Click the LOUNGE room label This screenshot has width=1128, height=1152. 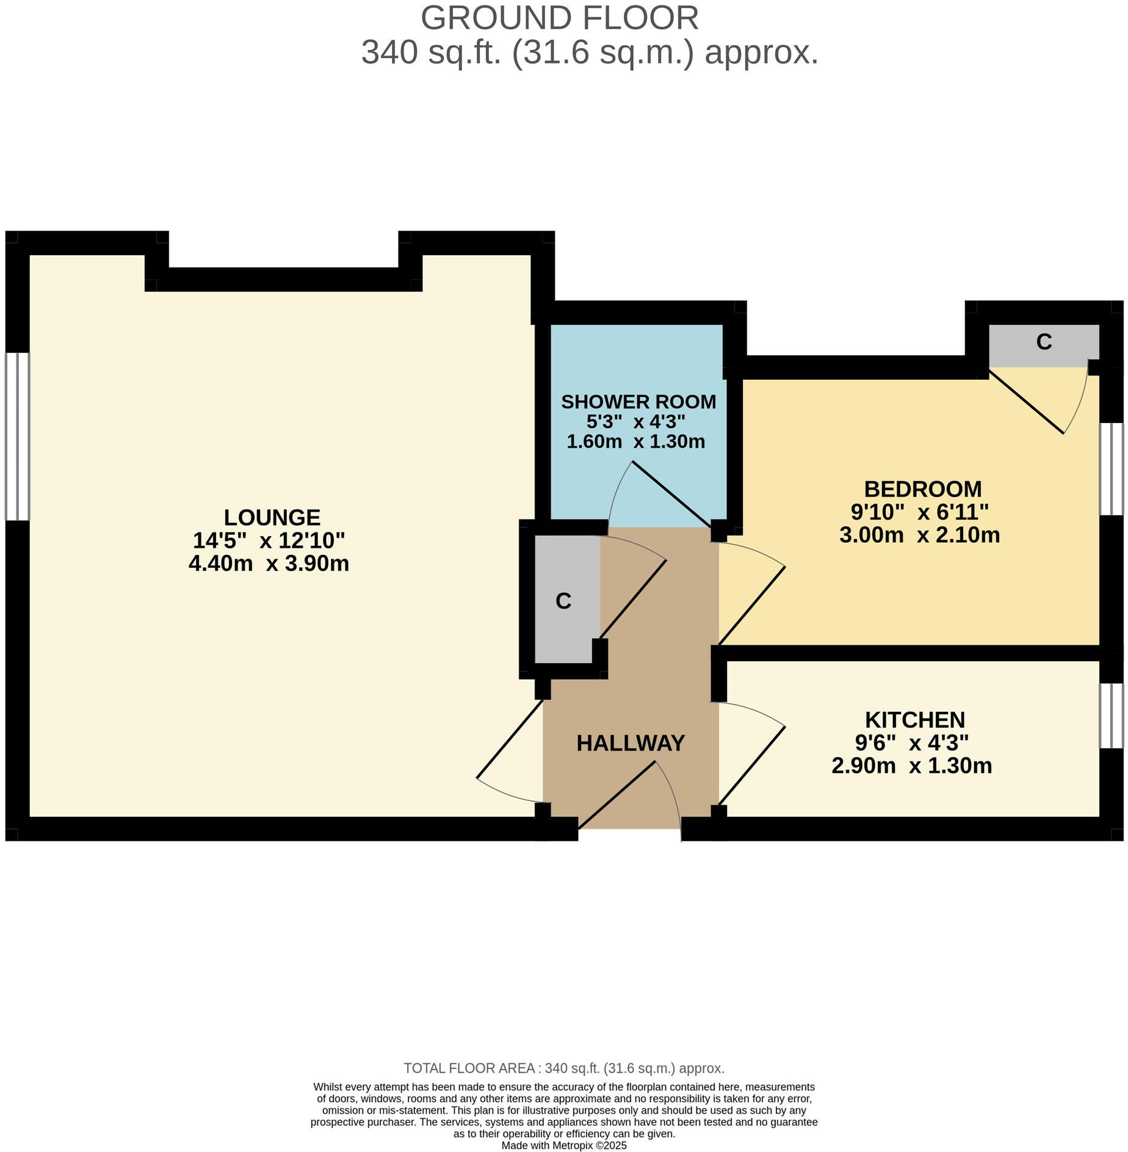tap(272, 518)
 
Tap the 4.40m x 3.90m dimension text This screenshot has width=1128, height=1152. tap(269, 563)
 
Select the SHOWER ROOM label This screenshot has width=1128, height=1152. tap(638, 402)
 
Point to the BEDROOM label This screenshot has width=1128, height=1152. tap(922, 489)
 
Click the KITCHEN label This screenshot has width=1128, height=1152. tap(914, 720)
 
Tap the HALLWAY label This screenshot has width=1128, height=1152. tap(631, 743)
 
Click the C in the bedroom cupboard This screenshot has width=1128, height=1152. tap(1044, 342)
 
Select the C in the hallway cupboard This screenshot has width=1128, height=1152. tap(563, 601)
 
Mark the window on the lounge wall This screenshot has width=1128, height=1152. tap(17, 436)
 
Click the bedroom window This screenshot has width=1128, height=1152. tap(1111, 469)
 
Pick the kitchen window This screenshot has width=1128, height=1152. tap(1111, 715)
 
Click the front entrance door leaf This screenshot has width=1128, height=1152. tap(616, 795)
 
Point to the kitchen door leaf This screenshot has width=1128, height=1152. tap(751, 766)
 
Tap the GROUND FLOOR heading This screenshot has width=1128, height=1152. tap(559, 18)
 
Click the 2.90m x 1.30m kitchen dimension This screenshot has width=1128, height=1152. tap(911, 766)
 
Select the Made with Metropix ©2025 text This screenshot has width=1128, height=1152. tap(564, 1146)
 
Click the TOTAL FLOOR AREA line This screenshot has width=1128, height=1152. tap(564, 1068)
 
